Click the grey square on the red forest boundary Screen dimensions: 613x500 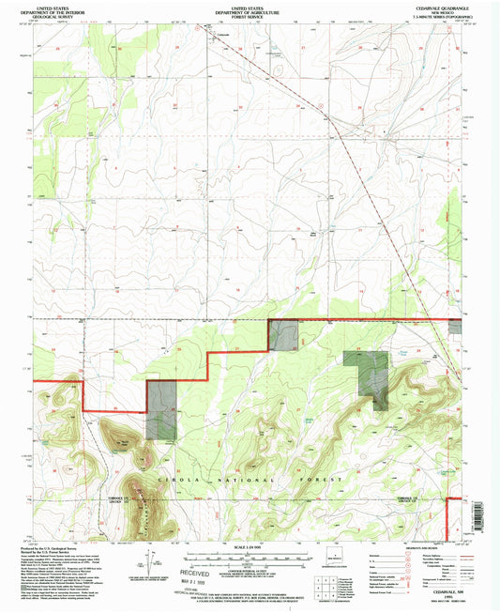click(283, 335)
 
